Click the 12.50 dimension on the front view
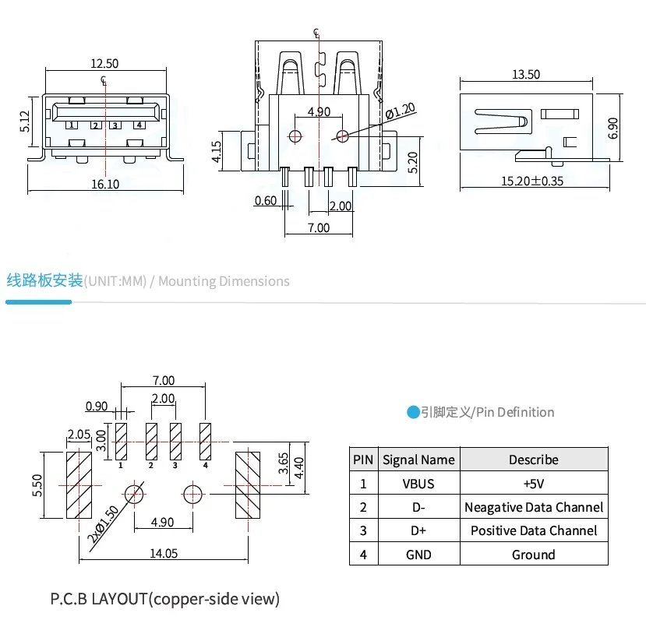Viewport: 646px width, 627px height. point(104,64)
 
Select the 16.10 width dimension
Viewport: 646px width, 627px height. point(106,185)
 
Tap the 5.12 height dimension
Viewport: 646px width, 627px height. point(24,121)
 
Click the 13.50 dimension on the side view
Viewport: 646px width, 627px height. point(526,75)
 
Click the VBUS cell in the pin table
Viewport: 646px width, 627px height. point(418,484)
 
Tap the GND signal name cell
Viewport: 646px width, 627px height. point(418,555)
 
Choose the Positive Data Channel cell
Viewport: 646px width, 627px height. point(534,530)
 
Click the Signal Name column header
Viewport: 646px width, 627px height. point(418,460)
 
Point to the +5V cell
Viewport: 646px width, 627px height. point(534,484)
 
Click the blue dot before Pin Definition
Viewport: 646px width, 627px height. point(413,412)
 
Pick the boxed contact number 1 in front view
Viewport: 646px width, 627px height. point(71,125)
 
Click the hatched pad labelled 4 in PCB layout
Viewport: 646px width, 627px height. point(205,441)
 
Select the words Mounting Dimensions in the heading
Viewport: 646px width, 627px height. point(224,281)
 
